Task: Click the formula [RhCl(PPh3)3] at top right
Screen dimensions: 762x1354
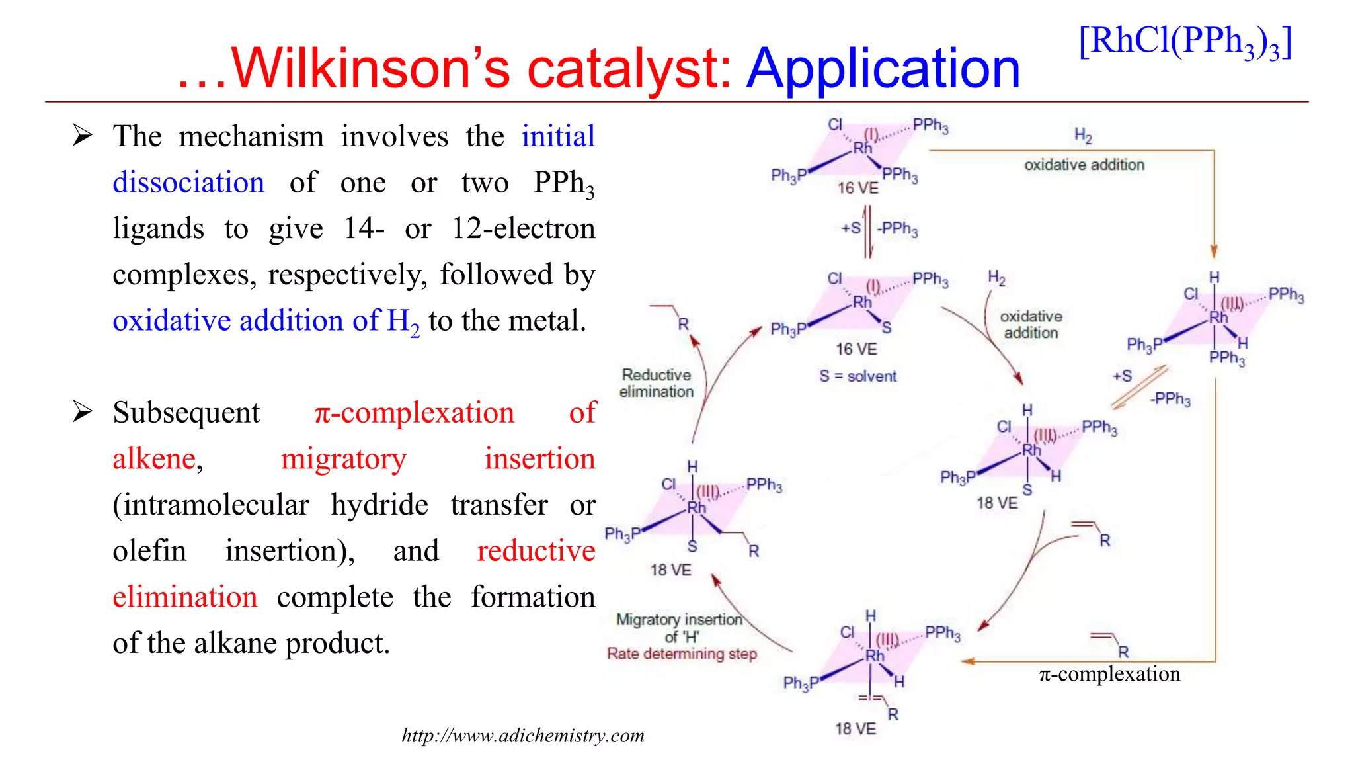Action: [x=1185, y=42]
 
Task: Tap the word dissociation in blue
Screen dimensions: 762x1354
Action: [x=188, y=183]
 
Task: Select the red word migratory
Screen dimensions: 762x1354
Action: [x=343, y=459]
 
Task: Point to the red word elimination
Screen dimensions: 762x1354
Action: [x=184, y=597]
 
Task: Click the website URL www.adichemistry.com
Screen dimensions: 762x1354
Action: [x=523, y=736]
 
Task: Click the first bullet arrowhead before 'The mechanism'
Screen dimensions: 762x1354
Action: [x=83, y=136]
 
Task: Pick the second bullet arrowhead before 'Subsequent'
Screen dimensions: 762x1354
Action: [x=83, y=411]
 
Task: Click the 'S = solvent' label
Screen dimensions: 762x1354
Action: [x=857, y=376]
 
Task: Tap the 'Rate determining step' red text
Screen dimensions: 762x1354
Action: [x=682, y=654]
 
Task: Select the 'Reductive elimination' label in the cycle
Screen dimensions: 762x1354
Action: [x=656, y=383]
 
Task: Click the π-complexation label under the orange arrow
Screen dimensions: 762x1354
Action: [x=1109, y=674]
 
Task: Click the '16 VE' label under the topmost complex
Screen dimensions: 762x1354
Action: [x=857, y=189]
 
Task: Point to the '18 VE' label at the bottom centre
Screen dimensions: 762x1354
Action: [x=855, y=729]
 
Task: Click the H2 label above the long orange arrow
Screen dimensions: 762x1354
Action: [x=1083, y=136]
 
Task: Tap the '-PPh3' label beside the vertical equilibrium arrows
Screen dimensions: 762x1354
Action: [x=897, y=229]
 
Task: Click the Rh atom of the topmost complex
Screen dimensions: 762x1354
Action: [x=862, y=148]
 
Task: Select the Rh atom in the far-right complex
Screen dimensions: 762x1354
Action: [x=1218, y=317]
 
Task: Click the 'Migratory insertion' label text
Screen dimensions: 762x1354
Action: [x=679, y=620]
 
